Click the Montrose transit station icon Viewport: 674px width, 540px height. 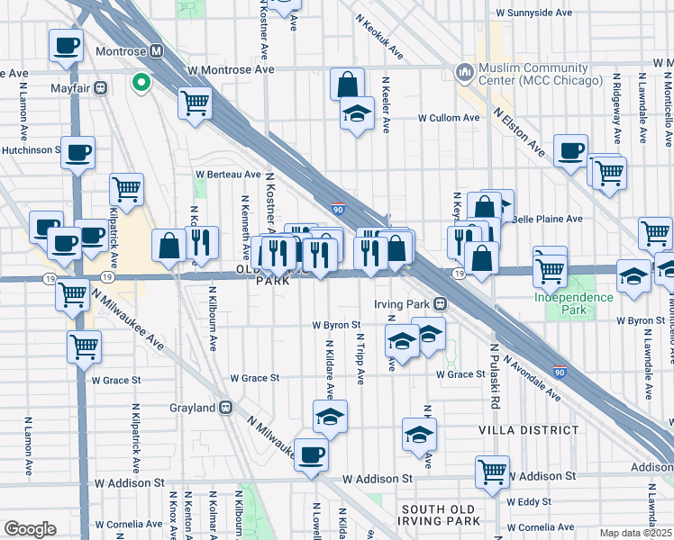coord(156,51)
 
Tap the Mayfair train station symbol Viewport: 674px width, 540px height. coord(101,88)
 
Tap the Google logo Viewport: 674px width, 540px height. coord(30,529)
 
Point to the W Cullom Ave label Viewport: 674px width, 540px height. coord(448,118)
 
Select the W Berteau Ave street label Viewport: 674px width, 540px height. coord(228,175)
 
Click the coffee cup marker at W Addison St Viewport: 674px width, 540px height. coord(311,455)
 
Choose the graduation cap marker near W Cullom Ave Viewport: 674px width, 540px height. coord(357,114)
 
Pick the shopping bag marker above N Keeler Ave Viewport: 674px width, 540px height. coord(347,86)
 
